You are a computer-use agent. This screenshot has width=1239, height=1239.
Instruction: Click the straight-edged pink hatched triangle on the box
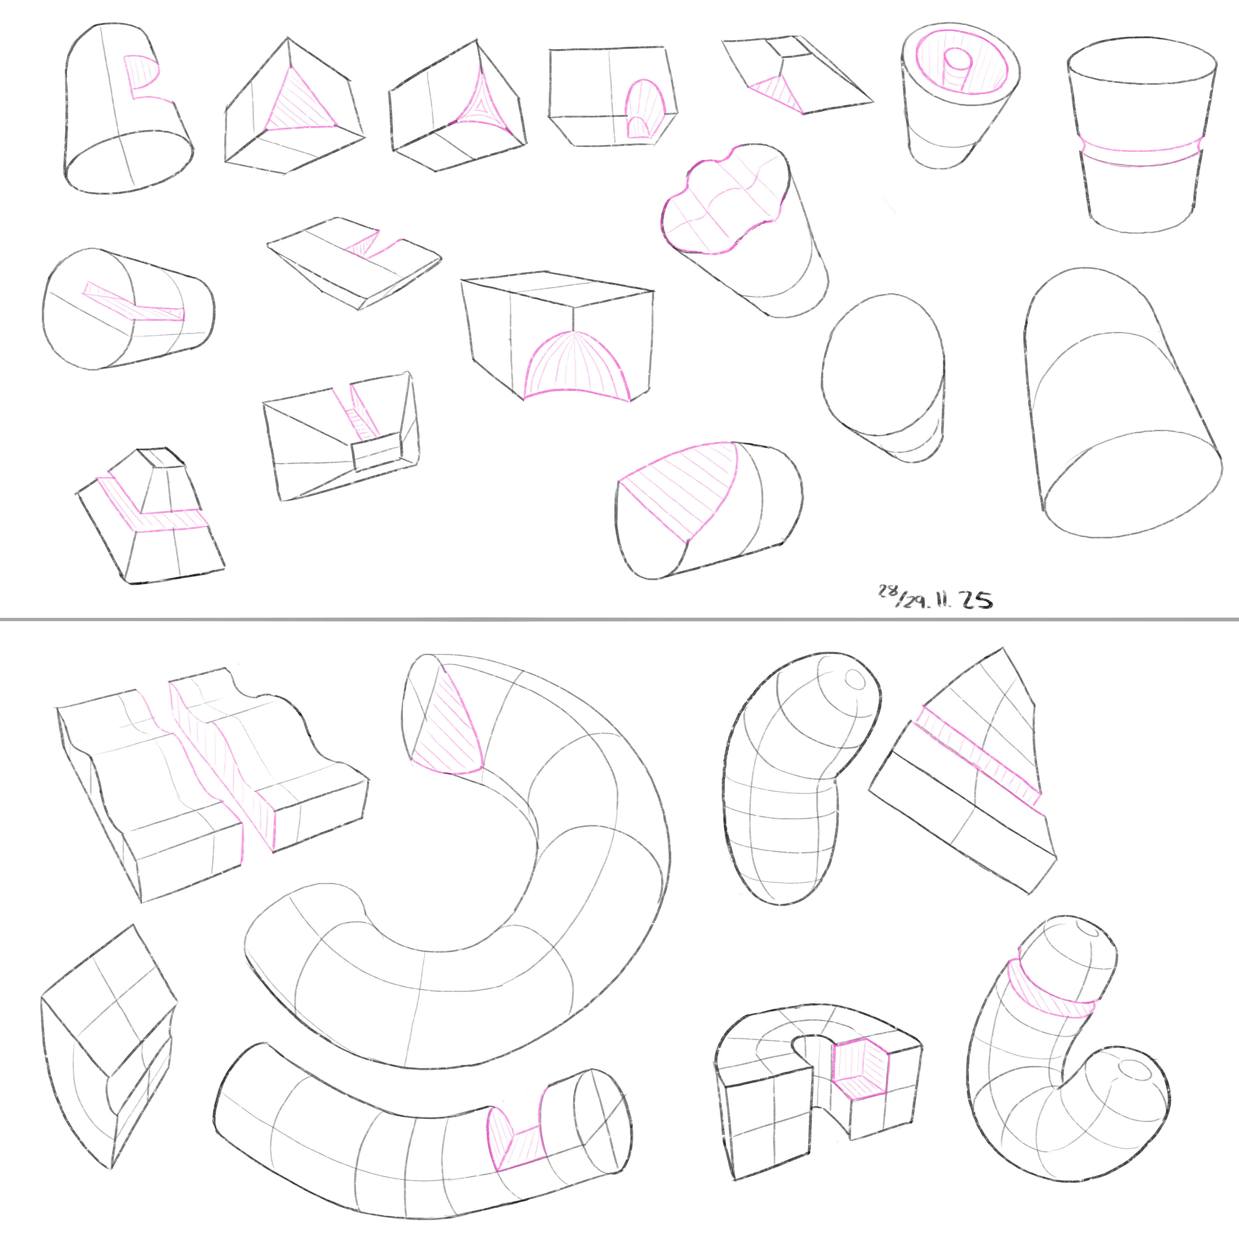click(x=300, y=101)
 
